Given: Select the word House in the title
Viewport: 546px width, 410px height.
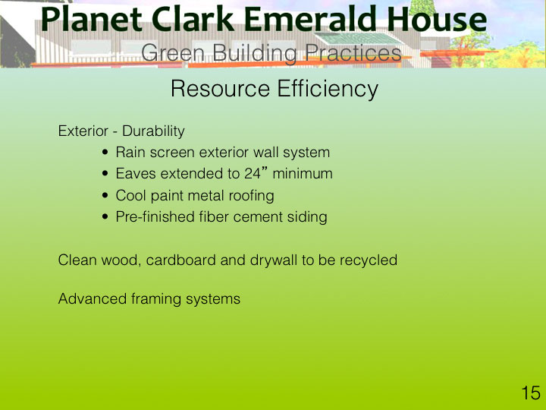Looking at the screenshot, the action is pos(437,20).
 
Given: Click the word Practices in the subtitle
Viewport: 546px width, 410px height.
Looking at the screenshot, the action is pos(353,53).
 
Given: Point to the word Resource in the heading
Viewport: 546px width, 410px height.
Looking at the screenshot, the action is pos(220,89).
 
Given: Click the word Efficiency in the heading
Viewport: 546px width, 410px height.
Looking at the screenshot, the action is pos(328,90).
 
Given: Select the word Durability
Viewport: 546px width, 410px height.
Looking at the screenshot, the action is pos(153,131).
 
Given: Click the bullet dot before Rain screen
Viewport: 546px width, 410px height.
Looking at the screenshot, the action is pos(105,153).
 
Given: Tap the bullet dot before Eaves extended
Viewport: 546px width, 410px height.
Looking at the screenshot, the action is pos(105,174).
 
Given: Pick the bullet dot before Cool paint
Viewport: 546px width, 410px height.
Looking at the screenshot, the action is pos(105,195).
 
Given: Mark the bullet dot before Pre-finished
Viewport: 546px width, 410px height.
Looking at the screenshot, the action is pos(105,217).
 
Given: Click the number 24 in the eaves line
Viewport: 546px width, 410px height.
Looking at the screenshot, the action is pos(253,174).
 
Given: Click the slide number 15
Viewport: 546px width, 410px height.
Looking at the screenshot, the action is pos(531,393).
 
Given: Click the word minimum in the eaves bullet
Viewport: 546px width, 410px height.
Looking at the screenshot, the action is pos(303,174).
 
